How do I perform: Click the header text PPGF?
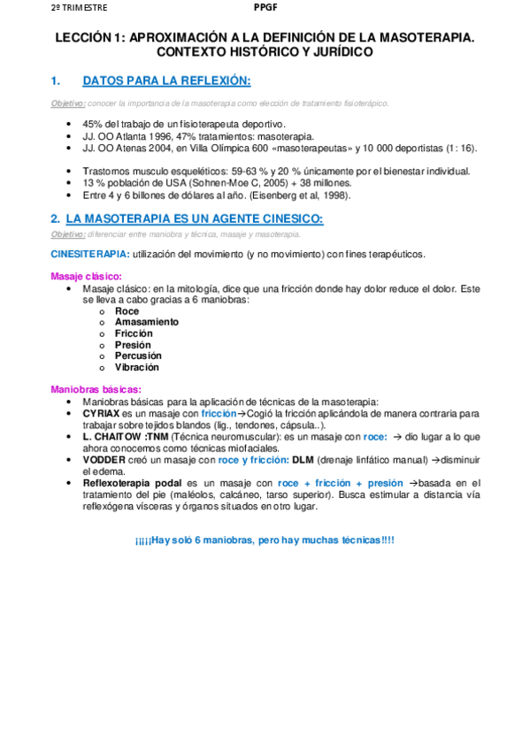[265, 8]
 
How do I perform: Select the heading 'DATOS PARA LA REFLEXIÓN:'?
[166, 81]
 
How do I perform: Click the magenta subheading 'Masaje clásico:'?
[87, 276]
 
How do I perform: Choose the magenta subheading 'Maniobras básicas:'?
[96, 389]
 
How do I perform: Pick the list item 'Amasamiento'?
[146, 322]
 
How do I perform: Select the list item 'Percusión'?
[138, 356]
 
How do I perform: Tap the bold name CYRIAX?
[102, 413]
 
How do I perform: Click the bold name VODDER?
[104, 460]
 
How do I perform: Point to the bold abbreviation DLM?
[303, 460]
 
